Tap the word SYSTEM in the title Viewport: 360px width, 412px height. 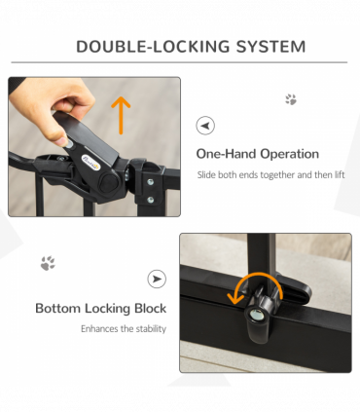point(270,47)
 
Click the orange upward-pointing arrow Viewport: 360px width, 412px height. point(121,115)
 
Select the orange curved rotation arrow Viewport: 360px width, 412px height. point(256,284)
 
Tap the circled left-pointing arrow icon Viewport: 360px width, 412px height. point(205,126)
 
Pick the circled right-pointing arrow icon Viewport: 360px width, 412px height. point(157,279)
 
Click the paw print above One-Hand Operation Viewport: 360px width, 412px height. point(291,99)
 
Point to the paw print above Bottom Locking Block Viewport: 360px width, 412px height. point(48,263)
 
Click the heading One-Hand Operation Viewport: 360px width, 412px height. point(258,154)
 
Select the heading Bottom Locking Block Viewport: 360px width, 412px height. point(101,308)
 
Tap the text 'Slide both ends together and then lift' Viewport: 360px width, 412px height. point(270,174)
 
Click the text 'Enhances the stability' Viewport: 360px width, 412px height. point(124,328)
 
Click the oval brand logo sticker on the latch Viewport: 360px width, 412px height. point(90,162)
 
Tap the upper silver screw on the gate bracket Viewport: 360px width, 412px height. point(150,182)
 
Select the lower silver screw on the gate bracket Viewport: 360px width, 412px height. point(150,200)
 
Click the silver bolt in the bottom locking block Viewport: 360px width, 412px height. point(257,315)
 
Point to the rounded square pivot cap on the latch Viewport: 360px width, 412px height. point(109,183)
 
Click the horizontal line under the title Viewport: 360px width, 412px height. point(179,62)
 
